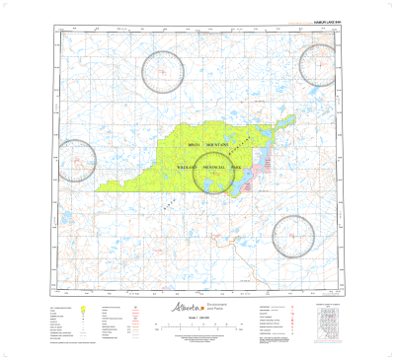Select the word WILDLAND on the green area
tap(188, 169)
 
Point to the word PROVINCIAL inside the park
tap(217, 169)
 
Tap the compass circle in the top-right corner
tap(321, 65)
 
